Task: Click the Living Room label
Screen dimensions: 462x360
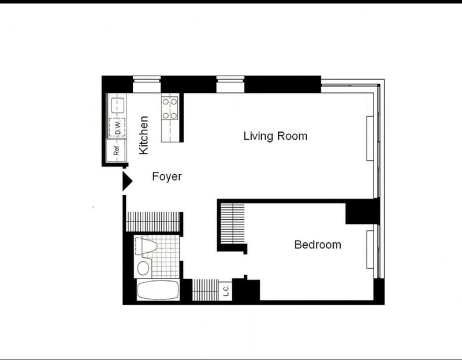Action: pos(275,136)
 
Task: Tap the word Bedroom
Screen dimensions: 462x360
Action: pos(318,245)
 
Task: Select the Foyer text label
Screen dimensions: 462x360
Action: pos(167,177)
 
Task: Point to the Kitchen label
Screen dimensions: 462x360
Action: pos(144,135)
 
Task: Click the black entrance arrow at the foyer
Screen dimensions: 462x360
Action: pos(127,181)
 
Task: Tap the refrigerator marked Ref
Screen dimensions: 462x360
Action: pos(117,151)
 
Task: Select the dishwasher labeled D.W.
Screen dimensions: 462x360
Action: pos(117,127)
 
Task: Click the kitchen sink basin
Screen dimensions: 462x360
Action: pos(118,105)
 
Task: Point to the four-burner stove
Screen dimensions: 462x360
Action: pos(170,108)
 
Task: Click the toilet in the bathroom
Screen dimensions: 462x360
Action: pos(147,247)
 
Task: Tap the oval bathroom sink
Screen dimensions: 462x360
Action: pos(143,268)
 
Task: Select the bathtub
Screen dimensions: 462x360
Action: pos(158,290)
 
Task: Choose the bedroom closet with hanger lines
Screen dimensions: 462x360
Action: pos(233,223)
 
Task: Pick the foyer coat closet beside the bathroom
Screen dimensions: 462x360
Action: pos(152,222)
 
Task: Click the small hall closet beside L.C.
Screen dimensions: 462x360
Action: pos(206,290)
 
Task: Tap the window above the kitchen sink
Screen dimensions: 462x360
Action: pos(147,84)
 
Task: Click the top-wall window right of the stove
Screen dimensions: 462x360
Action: pos(230,84)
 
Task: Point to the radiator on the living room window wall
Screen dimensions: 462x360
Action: pos(370,138)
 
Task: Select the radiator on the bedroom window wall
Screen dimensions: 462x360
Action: pos(370,250)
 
